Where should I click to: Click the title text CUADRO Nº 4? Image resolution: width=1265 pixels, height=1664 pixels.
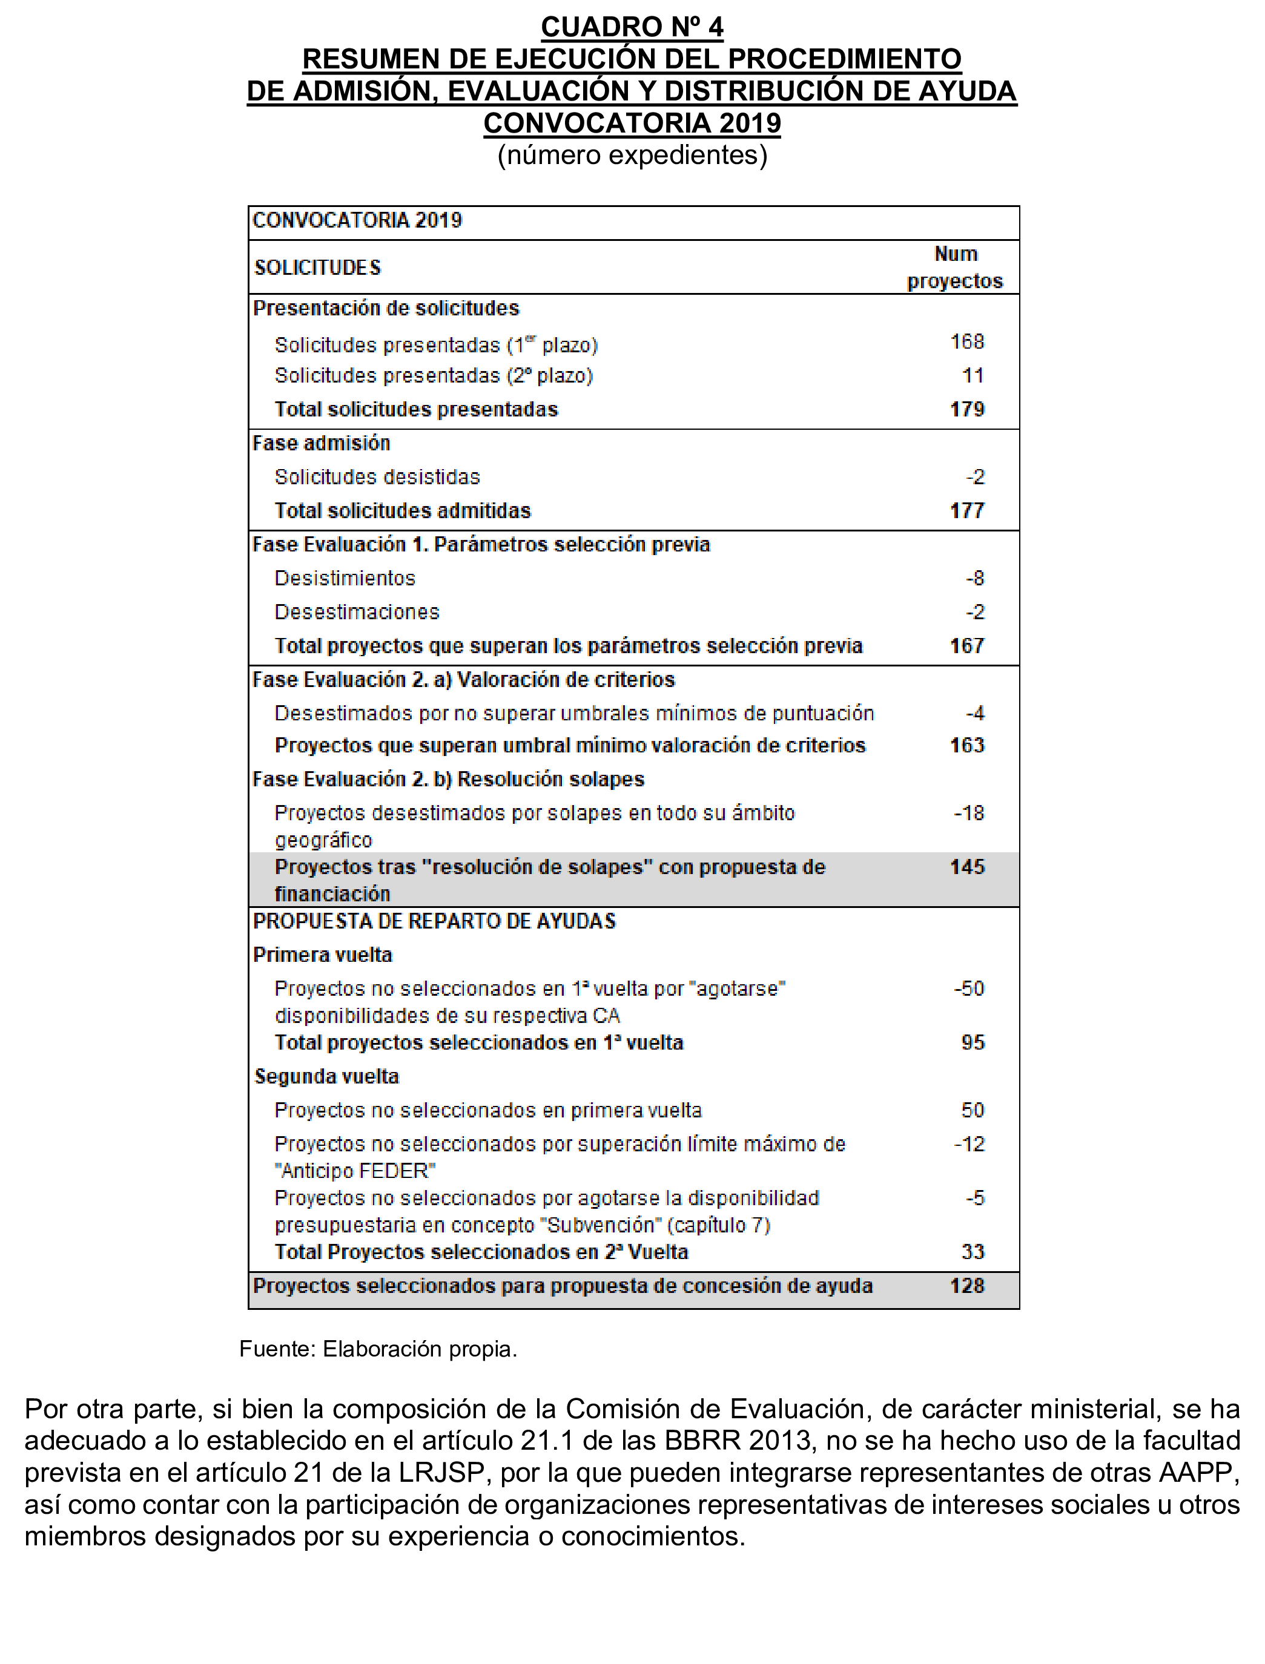632,27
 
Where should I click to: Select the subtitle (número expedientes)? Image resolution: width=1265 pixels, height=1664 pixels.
632,155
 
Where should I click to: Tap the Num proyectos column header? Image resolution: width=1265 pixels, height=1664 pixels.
955,267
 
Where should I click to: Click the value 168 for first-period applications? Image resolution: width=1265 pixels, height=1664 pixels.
967,341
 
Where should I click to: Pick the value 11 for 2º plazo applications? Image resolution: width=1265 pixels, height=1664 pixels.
973,375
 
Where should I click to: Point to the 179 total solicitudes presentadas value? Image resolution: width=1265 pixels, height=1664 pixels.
967,409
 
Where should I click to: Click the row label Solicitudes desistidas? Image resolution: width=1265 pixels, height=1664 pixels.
377,477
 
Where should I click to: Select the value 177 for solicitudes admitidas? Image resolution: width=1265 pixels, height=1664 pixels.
967,511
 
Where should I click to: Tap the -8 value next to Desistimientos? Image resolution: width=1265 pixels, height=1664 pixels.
975,578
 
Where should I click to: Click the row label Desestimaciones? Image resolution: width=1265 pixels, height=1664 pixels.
357,612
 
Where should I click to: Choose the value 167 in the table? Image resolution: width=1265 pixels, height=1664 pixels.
967,646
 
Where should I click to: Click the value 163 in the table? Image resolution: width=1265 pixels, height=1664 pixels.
967,745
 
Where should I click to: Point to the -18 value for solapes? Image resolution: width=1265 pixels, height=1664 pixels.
969,814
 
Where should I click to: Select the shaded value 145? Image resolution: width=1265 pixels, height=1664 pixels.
967,867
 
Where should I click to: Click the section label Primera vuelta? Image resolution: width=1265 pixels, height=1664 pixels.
322,955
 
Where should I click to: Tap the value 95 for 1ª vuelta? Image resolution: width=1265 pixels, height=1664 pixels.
973,1042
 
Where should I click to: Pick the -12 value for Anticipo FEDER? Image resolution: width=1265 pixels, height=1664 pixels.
969,1144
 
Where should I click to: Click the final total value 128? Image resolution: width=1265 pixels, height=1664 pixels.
967,1286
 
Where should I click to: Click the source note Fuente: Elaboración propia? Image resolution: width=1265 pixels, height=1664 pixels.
378,1349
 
